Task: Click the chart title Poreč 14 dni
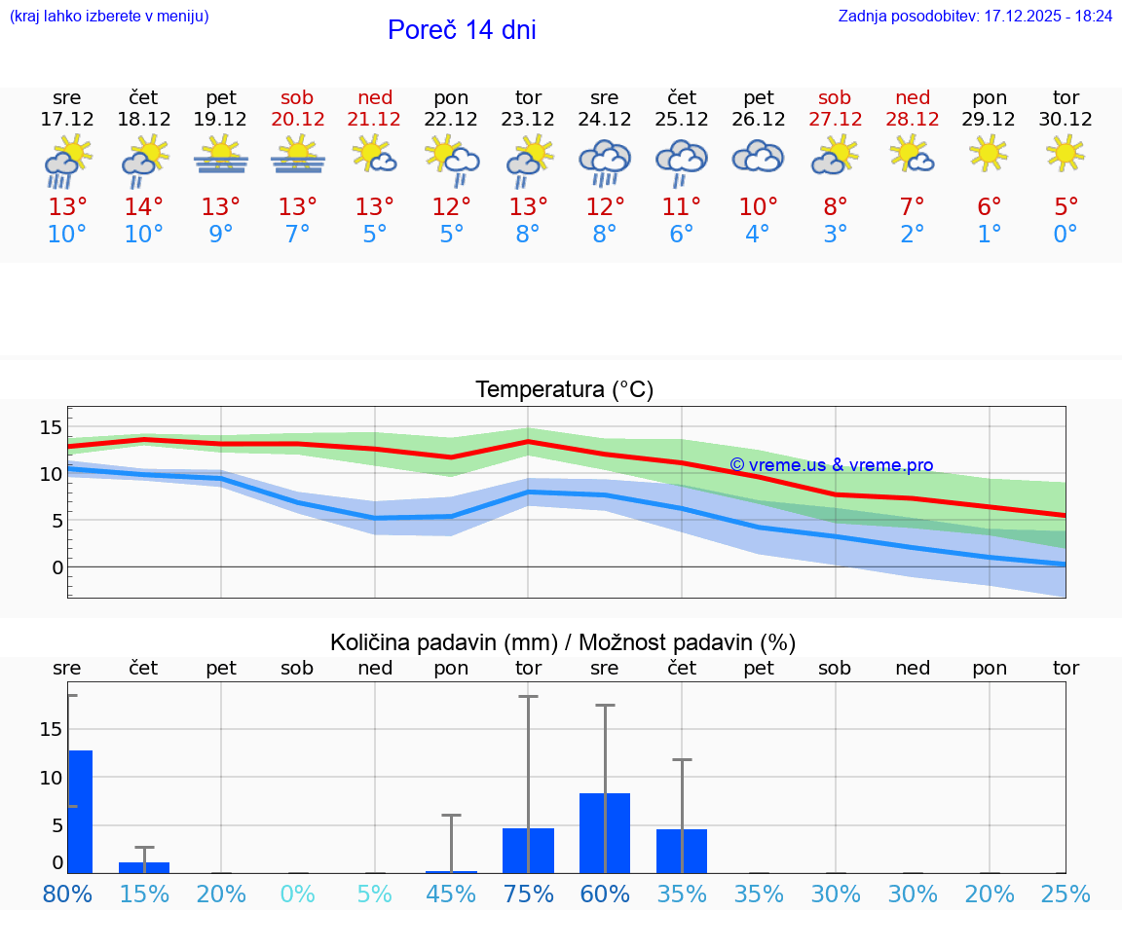pyautogui.click(x=462, y=30)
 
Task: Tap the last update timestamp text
pyautogui.click(x=975, y=17)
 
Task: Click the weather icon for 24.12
pyautogui.click(x=604, y=162)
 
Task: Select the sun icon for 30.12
pyautogui.click(x=1066, y=153)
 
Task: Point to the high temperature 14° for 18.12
pyautogui.click(x=143, y=207)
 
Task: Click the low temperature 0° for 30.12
pyautogui.click(x=1066, y=235)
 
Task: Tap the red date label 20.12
pyautogui.click(x=297, y=119)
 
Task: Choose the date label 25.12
pyautogui.click(x=681, y=119)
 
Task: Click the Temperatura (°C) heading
pyautogui.click(x=564, y=389)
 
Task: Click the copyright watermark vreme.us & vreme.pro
pyautogui.click(x=831, y=465)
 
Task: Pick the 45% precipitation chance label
pyautogui.click(x=451, y=894)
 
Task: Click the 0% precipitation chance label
pyautogui.click(x=297, y=894)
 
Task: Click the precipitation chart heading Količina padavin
pyautogui.click(x=563, y=642)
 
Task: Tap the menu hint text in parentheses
pyautogui.click(x=109, y=17)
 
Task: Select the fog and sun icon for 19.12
pyautogui.click(x=220, y=156)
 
